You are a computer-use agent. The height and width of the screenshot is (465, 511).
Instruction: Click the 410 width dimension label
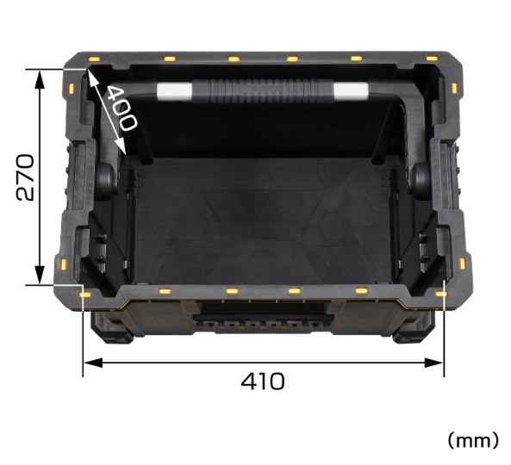tap(263, 381)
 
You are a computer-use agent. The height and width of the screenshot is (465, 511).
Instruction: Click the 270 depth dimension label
tap(25, 177)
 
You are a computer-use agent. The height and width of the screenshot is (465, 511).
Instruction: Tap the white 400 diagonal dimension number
tap(122, 108)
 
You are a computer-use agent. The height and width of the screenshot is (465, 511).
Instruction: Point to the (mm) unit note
tap(473, 441)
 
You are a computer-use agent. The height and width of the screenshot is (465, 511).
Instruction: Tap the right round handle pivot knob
tap(419, 180)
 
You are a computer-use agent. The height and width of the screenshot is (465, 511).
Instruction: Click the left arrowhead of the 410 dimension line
tap(93, 363)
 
